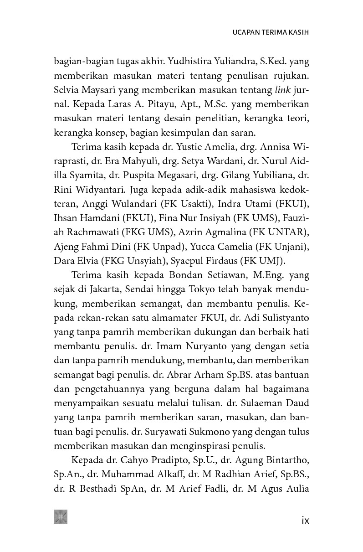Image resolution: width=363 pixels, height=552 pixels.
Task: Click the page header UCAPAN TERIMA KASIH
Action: (271, 33)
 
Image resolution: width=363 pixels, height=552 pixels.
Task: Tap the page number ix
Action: (305, 520)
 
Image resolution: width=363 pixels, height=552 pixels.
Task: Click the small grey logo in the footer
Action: (60, 516)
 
